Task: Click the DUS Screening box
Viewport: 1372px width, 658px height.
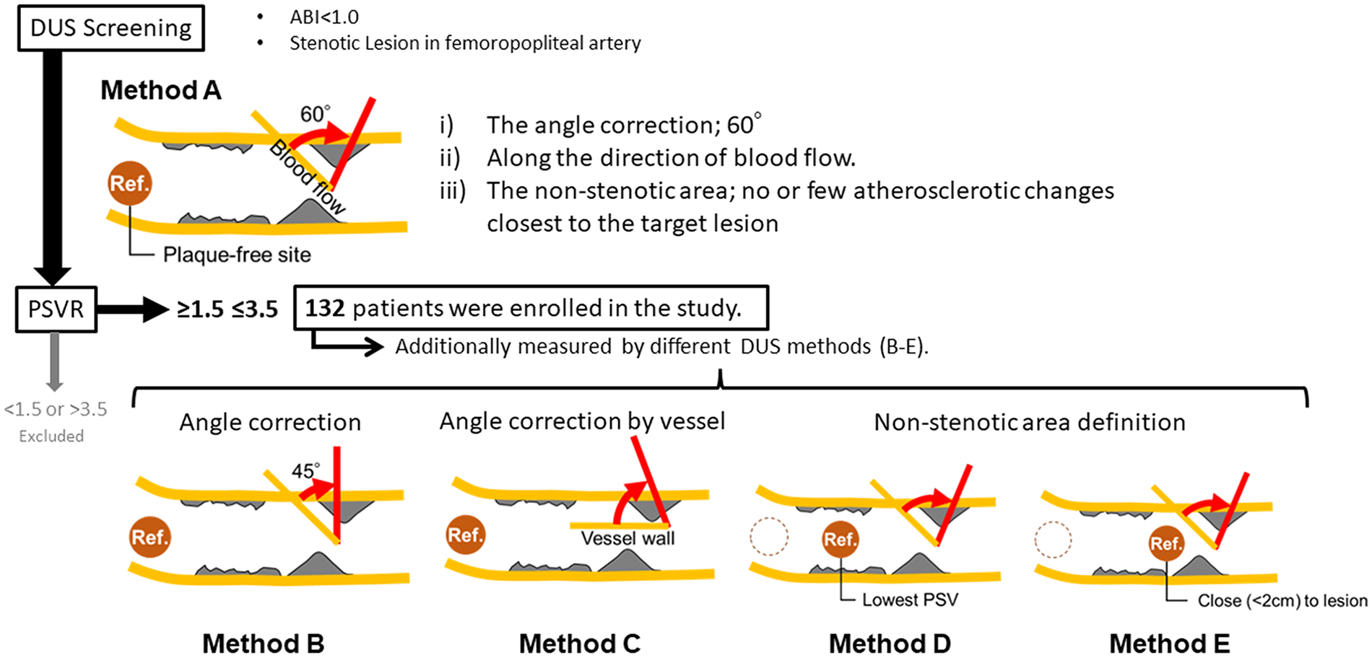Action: click(x=111, y=28)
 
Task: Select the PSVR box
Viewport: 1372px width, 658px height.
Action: click(x=56, y=309)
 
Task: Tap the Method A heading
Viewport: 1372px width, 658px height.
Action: click(x=161, y=90)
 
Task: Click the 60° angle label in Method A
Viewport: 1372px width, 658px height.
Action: click(x=316, y=113)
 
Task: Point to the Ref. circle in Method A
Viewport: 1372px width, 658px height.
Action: click(x=130, y=183)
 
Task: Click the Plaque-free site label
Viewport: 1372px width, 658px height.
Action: click(x=237, y=255)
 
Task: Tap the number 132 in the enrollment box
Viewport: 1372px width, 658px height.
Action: click(x=324, y=308)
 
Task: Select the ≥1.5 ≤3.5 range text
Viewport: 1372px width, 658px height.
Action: click(x=227, y=310)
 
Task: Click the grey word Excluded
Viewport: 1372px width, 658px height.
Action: click(x=51, y=436)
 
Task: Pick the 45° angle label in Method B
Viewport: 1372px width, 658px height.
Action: click(x=306, y=471)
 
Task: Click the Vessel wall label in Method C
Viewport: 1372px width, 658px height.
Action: click(x=628, y=538)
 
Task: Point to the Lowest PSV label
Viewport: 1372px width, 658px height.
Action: click(x=910, y=600)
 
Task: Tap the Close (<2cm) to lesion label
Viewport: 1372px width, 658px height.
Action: click(x=1282, y=600)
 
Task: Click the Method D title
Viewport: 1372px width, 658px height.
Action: click(x=890, y=643)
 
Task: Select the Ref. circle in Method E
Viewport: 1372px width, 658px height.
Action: click(x=1166, y=543)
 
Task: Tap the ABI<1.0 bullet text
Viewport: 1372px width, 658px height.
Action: click(x=324, y=17)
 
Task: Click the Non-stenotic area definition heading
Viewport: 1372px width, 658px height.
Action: click(x=1030, y=422)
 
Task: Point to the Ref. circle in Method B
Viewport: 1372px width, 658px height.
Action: click(x=150, y=537)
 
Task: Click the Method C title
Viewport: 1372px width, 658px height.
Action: click(x=580, y=643)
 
